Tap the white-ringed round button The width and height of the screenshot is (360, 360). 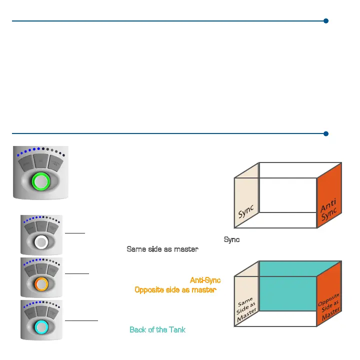click(x=41, y=242)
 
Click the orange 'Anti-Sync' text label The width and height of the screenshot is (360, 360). click(x=205, y=280)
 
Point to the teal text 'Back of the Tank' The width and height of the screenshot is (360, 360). click(x=157, y=329)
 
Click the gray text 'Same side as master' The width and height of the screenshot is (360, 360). click(x=162, y=249)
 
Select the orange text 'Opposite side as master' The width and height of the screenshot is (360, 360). click(x=175, y=289)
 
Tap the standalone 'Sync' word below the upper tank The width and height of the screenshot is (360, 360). click(x=231, y=240)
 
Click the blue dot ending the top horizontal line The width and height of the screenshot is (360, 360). click(x=325, y=21)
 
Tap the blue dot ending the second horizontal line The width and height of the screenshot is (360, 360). click(x=325, y=133)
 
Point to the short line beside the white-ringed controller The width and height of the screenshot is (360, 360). click(x=75, y=232)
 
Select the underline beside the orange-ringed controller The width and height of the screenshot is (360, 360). click(x=77, y=273)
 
